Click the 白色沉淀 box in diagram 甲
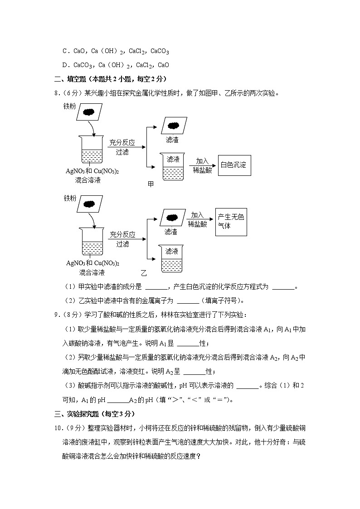tap(234, 165)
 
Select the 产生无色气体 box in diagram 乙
tap(231, 221)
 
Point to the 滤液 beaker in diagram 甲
tap(173, 167)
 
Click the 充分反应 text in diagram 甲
tap(122, 143)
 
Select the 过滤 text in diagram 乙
tap(122, 244)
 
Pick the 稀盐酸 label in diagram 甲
tap(202, 170)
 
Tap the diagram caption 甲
tap(151, 184)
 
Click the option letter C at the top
tap(65, 52)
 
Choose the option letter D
tap(65, 65)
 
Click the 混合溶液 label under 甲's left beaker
tap(88, 180)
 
